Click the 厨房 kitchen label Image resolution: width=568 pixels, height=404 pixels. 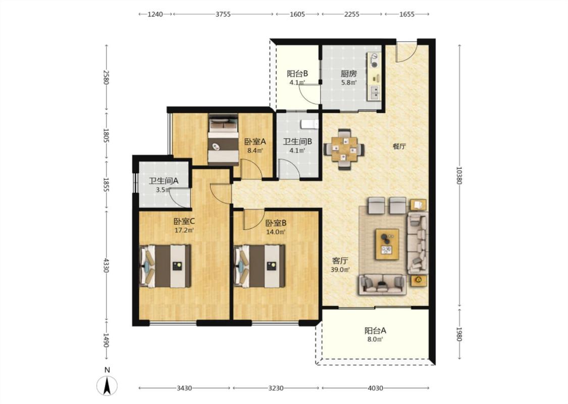point(348,74)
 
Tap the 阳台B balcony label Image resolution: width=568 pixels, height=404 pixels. point(297,74)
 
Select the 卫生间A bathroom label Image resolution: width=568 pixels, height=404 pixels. point(164,181)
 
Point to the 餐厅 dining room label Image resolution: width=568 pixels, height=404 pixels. point(399,146)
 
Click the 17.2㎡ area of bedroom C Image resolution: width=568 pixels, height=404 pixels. point(184,230)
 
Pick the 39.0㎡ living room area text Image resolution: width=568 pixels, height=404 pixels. point(340,270)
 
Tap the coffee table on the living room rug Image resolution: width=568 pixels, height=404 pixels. point(387,244)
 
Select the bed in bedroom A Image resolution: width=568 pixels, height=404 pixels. point(223,139)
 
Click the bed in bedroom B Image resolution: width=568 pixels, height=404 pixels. point(260,266)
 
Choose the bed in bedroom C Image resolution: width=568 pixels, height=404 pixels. point(165,266)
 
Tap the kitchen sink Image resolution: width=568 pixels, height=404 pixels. point(374,93)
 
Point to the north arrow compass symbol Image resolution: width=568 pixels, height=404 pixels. point(107,385)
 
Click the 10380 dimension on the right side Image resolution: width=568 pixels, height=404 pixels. point(459,175)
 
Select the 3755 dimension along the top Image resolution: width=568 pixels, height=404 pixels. point(223,14)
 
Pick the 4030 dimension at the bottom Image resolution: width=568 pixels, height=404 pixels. point(375,388)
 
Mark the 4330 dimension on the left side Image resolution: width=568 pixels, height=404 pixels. point(106,265)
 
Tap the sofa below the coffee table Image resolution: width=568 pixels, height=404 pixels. point(382,284)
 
